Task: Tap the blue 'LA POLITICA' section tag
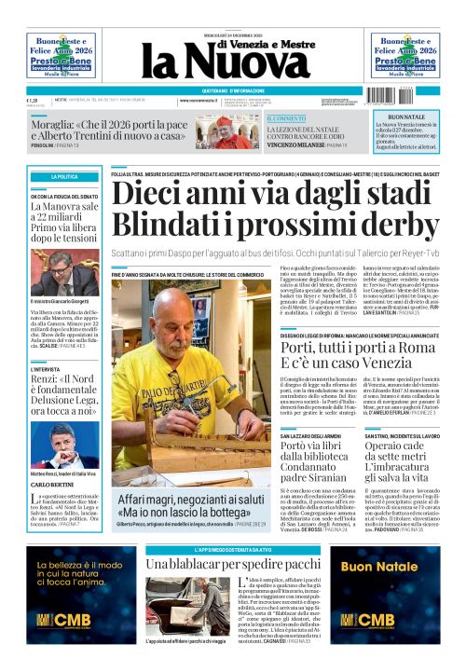64,176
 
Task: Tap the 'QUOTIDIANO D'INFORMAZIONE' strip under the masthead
232,89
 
